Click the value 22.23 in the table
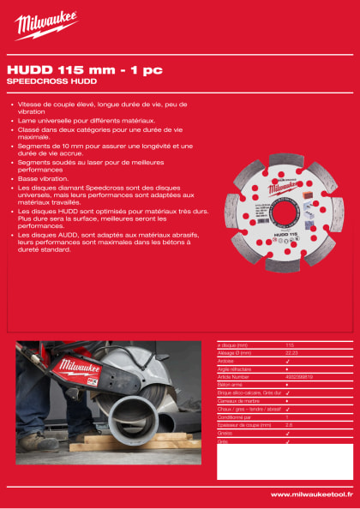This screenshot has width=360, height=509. (291, 353)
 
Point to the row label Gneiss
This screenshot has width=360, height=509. (226, 433)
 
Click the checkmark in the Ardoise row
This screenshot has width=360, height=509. (288, 361)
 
